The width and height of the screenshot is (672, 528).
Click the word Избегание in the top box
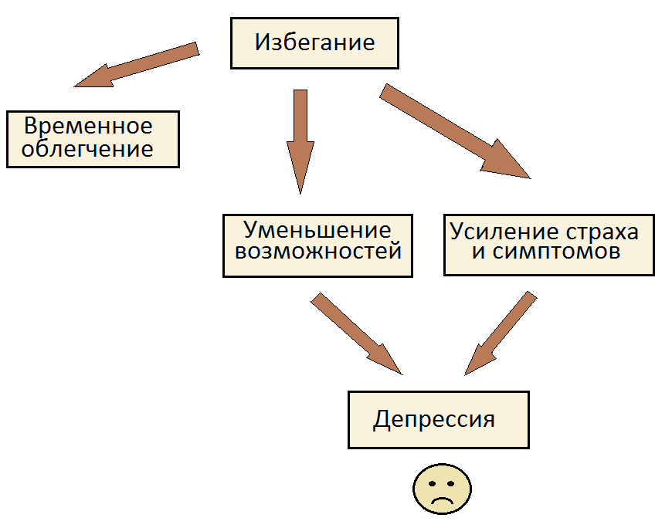pyautogui.click(x=315, y=42)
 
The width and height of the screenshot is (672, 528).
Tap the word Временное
pyautogui.click(x=88, y=126)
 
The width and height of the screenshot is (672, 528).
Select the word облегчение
pyautogui.click(x=87, y=148)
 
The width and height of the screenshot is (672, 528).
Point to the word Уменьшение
pyautogui.click(x=317, y=230)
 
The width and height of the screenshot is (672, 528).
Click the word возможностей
pyautogui.click(x=318, y=251)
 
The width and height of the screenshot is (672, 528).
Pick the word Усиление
pyautogui.click(x=504, y=232)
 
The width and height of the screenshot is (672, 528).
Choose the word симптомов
pyautogui.click(x=556, y=252)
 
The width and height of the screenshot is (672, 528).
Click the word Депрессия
pyautogui.click(x=434, y=419)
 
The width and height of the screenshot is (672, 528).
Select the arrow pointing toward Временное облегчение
pyautogui.click(x=136, y=65)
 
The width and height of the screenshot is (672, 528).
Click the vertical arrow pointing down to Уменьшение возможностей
pyautogui.click(x=300, y=142)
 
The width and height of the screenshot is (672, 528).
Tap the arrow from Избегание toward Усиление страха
pyautogui.click(x=455, y=131)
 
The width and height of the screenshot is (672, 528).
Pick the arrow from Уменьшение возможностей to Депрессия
pyautogui.click(x=357, y=334)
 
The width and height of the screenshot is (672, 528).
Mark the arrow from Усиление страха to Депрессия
pyautogui.click(x=501, y=333)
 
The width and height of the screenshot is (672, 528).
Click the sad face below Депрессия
pyautogui.click(x=443, y=489)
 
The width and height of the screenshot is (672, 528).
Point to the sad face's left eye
pyautogui.click(x=432, y=484)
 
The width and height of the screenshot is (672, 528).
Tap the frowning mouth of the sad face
pyautogui.click(x=442, y=499)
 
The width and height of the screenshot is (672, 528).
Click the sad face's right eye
pyautogui.click(x=450, y=484)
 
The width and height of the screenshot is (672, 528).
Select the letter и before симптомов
pyautogui.click(x=479, y=252)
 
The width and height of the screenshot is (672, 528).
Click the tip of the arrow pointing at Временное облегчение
pyautogui.click(x=74, y=86)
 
